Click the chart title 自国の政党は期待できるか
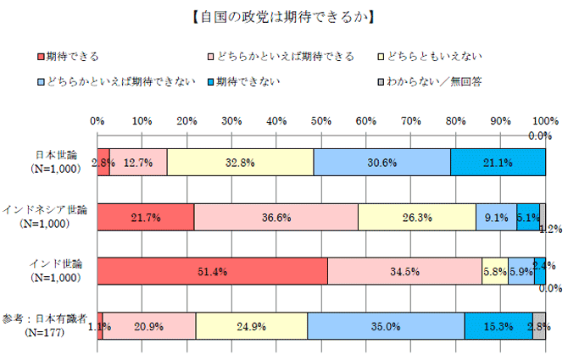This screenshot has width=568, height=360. (x=284, y=15)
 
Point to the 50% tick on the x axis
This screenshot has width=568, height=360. (x=321, y=120)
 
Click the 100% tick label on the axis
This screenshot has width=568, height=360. (x=543, y=120)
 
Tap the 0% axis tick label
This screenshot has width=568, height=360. (x=97, y=120)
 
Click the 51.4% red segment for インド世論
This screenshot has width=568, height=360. (x=212, y=270)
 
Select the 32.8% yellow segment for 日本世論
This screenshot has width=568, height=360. (x=240, y=162)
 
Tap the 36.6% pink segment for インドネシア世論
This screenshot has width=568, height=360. (x=276, y=216)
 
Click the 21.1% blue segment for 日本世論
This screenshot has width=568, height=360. (x=498, y=162)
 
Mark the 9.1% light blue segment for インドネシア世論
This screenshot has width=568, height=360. (x=496, y=216)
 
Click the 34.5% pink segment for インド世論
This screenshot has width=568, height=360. (x=404, y=270)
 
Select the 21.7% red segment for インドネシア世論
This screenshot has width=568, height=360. (x=146, y=216)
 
